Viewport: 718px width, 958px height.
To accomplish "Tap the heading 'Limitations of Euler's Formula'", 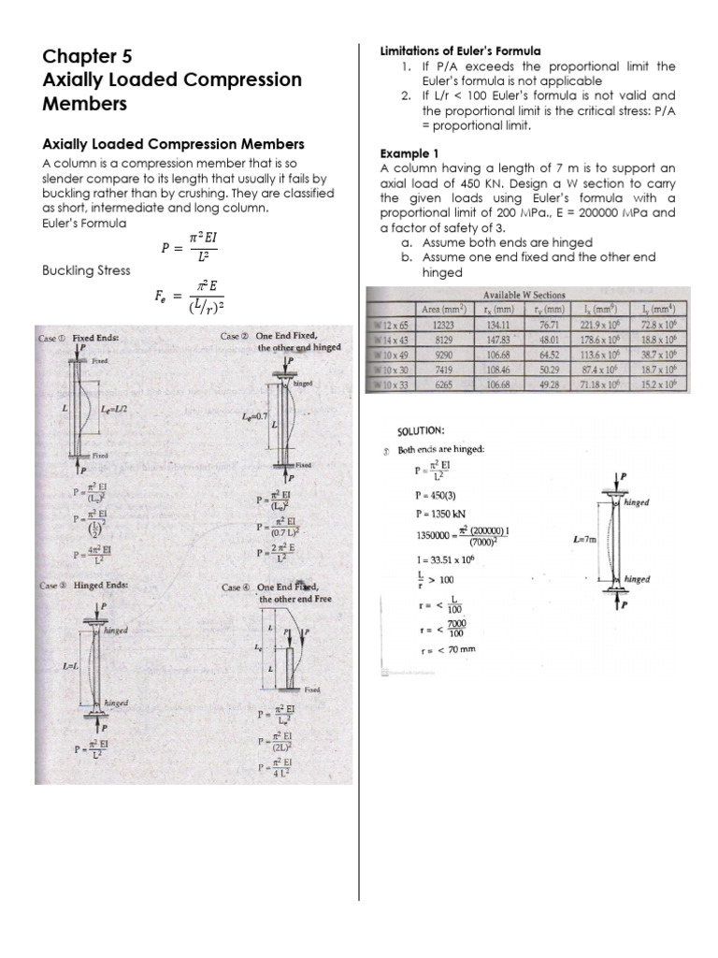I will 460,51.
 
